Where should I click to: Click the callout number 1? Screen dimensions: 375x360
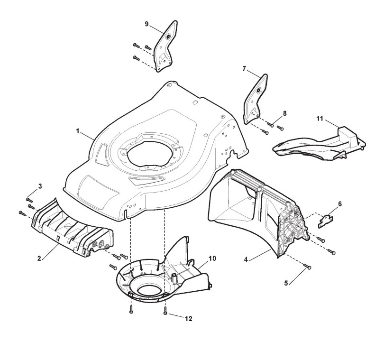coord(77,131)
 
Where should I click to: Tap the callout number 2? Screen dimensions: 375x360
coord(39,258)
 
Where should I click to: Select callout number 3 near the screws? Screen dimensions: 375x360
coord(40,186)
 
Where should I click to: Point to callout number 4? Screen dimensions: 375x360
coord(246,259)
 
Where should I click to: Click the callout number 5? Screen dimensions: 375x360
coord(286,283)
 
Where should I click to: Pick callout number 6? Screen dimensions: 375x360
coord(340,204)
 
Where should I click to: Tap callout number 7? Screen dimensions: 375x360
coord(244,69)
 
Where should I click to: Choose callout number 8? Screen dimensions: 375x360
coord(284,113)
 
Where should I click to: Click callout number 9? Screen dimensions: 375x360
coord(146,24)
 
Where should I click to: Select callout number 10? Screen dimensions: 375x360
coord(212,258)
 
